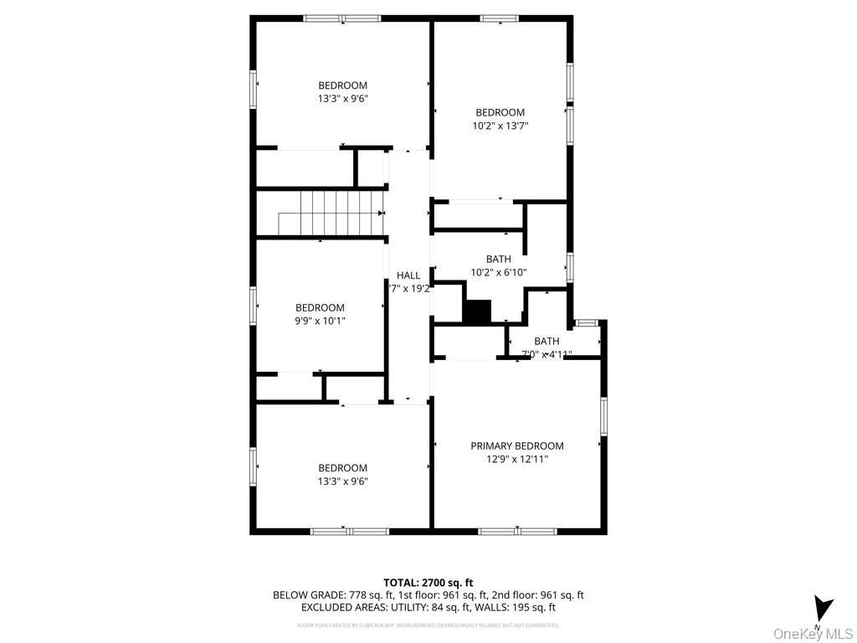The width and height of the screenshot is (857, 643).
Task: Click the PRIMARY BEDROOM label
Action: [x=516, y=446]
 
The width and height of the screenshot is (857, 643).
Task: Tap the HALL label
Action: [x=408, y=275]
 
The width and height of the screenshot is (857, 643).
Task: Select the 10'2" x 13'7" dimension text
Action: [x=500, y=126]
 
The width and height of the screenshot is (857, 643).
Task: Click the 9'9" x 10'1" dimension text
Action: [x=320, y=321]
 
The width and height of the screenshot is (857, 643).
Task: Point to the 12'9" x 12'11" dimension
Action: [x=516, y=459]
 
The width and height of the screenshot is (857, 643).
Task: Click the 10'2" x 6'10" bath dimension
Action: [x=499, y=272]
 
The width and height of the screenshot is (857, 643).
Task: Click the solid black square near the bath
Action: [x=477, y=311]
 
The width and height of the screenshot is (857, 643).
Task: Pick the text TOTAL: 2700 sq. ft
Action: [x=428, y=583]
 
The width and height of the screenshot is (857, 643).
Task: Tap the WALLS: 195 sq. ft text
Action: [x=511, y=608]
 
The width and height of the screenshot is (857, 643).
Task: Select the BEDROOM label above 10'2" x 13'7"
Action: [x=500, y=113]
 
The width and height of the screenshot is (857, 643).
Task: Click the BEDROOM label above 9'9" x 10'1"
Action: [x=320, y=308]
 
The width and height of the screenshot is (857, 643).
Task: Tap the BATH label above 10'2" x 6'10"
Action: [x=499, y=260]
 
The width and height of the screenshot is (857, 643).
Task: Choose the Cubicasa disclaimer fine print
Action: [x=428, y=625]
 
